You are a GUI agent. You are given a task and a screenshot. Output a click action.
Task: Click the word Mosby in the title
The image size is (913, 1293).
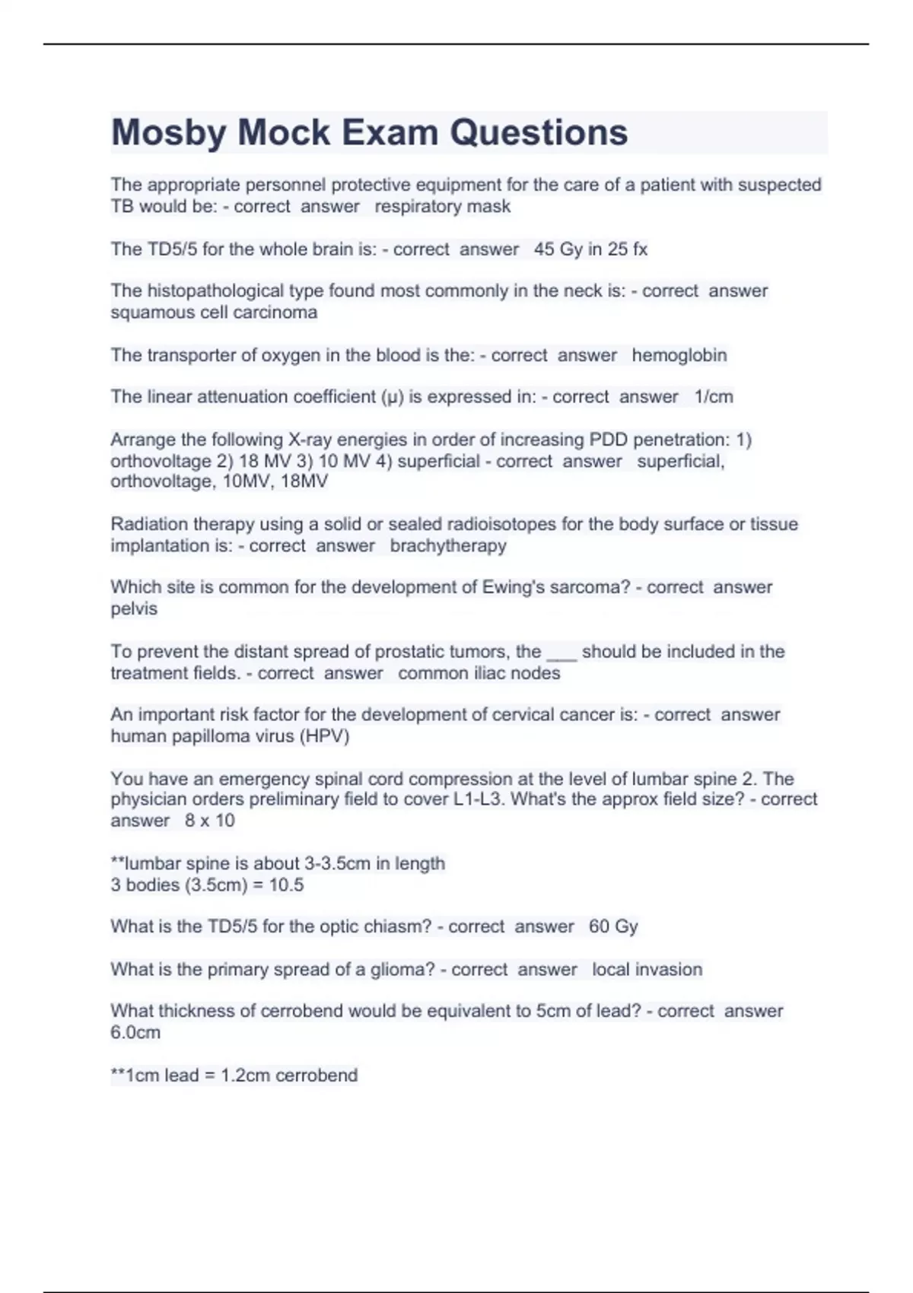point(168,133)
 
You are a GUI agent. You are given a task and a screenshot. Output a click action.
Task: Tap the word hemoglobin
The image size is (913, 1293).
point(679,355)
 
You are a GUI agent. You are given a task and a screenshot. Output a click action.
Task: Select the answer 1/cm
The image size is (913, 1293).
point(714,397)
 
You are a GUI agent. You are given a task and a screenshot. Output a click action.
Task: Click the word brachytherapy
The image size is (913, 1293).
point(448,546)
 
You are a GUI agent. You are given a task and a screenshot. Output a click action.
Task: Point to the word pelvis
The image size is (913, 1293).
point(134,609)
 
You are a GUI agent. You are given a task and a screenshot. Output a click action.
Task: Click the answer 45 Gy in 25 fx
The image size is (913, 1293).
point(590,249)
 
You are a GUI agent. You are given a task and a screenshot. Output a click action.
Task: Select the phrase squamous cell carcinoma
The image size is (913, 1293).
point(214,313)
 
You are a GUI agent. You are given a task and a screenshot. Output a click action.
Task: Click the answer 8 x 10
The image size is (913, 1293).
point(210,821)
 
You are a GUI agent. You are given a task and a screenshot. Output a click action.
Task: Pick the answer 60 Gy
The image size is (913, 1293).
point(613,926)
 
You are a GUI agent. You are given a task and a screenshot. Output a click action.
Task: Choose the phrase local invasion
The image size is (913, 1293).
point(647,970)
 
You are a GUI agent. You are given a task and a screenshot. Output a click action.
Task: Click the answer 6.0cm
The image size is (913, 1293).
point(135,1033)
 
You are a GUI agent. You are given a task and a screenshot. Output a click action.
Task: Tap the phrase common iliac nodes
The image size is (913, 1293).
point(479,673)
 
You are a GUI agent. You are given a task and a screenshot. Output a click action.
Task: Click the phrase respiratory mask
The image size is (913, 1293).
point(443,207)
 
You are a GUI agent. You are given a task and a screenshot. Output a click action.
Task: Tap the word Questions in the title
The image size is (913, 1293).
point(539,133)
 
